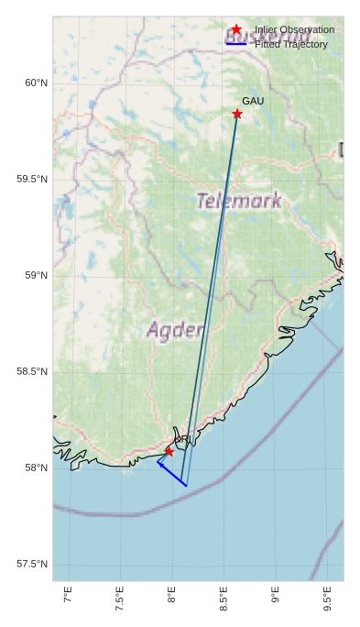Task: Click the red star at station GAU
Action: coord(237,114)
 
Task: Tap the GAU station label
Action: coord(253,101)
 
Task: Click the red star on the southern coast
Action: coord(169,452)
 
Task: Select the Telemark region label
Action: coord(239,201)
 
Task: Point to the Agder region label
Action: coord(174,330)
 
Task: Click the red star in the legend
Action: coord(236,29)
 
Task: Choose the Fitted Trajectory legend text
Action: coord(290,44)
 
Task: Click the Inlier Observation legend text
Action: coord(294,29)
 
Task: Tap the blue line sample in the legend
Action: coord(236,44)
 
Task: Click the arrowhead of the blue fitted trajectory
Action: coord(159,463)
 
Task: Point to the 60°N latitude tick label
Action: coord(36,82)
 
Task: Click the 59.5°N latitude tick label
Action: coord(32,179)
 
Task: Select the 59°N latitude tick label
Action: coord(36,275)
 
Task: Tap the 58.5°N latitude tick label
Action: coord(32,371)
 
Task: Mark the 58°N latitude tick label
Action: coord(36,467)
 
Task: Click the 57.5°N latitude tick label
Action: coord(32,564)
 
